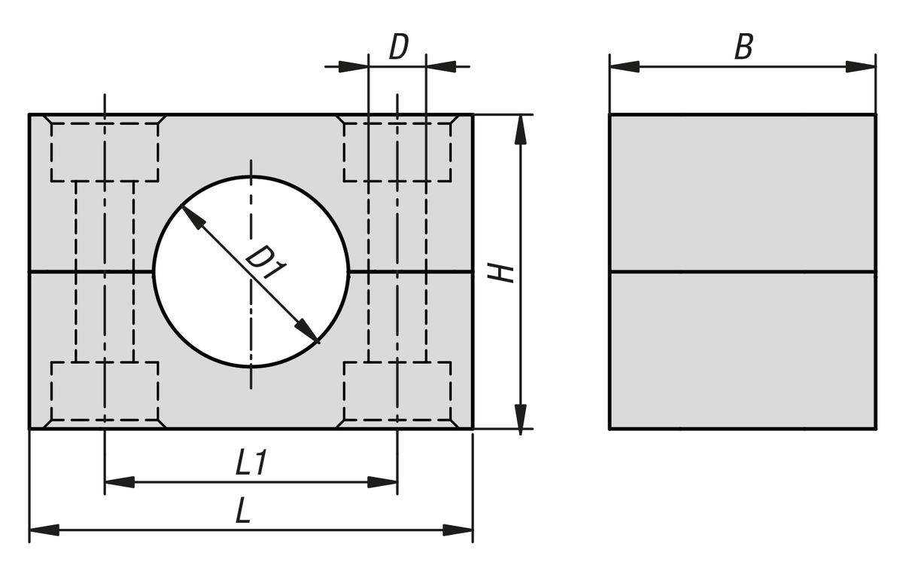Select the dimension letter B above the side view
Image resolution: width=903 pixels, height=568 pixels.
(x=743, y=47)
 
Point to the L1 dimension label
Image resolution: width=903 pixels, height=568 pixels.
(x=251, y=463)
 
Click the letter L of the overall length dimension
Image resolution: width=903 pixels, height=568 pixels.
(x=244, y=511)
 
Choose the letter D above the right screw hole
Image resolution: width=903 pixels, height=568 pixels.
(x=399, y=47)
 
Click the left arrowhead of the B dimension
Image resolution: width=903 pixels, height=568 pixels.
(x=625, y=67)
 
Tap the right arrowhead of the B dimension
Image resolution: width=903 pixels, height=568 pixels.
(x=861, y=67)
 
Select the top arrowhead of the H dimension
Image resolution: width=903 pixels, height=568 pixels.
(x=521, y=130)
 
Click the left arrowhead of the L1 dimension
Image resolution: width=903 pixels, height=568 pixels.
(x=120, y=482)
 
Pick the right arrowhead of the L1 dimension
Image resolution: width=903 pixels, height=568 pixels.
(x=382, y=482)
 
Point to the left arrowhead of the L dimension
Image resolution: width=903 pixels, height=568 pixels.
(x=44, y=530)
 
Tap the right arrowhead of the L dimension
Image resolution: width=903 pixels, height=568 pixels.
(x=458, y=530)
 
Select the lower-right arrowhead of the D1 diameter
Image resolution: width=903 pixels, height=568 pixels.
(x=307, y=331)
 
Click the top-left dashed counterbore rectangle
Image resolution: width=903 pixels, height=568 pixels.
(x=105, y=152)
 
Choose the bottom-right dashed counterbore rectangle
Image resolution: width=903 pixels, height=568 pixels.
(x=397, y=391)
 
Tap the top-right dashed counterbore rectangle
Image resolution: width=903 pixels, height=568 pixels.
(x=397, y=152)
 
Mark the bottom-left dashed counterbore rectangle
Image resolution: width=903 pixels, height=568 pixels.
(x=105, y=391)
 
